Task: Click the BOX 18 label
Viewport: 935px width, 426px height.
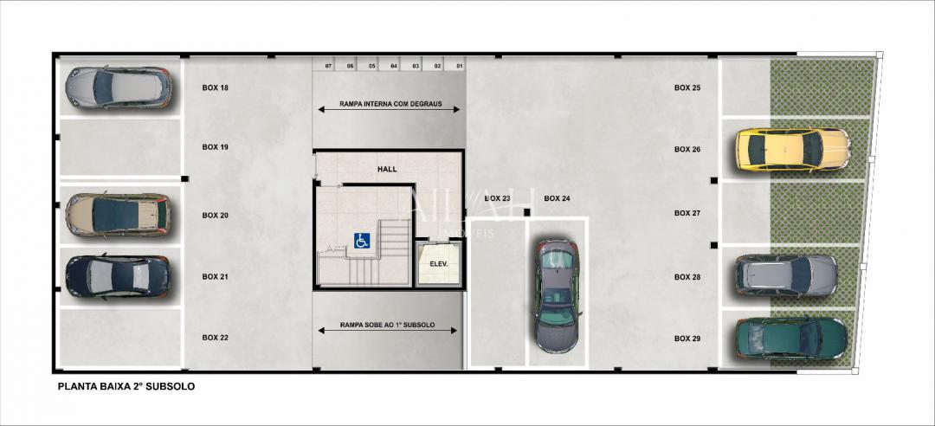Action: (x=215, y=87)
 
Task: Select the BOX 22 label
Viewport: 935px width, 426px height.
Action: (x=215, y=337)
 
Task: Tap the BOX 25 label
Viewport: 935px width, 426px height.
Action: (x=687, y=87)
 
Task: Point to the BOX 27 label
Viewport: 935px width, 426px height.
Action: (x=687, y=213)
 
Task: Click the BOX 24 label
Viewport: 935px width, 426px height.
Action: (x=557, y=198)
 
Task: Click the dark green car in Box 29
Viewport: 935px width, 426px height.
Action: (x=790, y=338)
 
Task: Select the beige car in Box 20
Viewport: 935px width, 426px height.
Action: (x=118, y=214)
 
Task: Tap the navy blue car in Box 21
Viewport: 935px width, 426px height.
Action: (x=118, y=276)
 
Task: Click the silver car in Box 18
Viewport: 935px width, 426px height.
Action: (x=118, y=87)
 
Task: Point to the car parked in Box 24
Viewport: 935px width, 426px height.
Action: (x=556, y=294)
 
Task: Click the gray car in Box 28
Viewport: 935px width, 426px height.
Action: (x=786, y=275)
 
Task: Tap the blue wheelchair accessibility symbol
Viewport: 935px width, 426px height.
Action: (x=361, y=241)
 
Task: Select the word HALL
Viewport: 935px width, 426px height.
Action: (x=387, y=169)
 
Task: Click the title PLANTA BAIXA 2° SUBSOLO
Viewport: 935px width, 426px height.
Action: (x=126, y=386)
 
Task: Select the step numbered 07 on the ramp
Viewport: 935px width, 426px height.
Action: (x=328, y=66)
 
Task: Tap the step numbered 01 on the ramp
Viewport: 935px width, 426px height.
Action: (x=459, y=66)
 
